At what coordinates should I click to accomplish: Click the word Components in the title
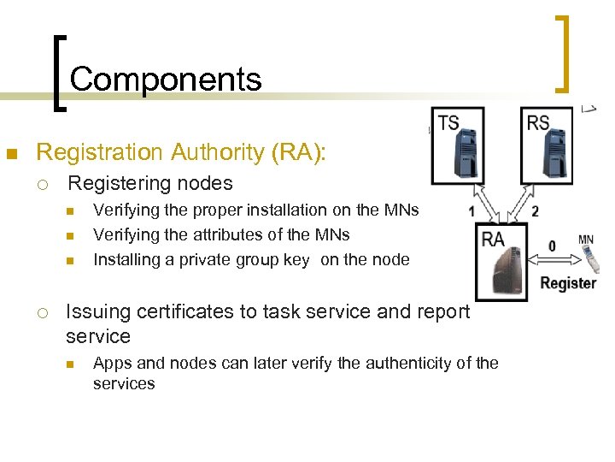[166, 80]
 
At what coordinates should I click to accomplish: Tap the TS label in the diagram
[448, 123]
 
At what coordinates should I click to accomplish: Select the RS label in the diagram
[538, 123]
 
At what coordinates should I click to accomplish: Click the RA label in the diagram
[493, 239]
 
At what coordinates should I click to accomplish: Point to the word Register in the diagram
[568, 282]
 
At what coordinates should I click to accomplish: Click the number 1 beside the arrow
[472, 210]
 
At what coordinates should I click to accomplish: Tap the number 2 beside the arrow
[535, 210]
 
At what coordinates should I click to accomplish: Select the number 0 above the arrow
[552, 246]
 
